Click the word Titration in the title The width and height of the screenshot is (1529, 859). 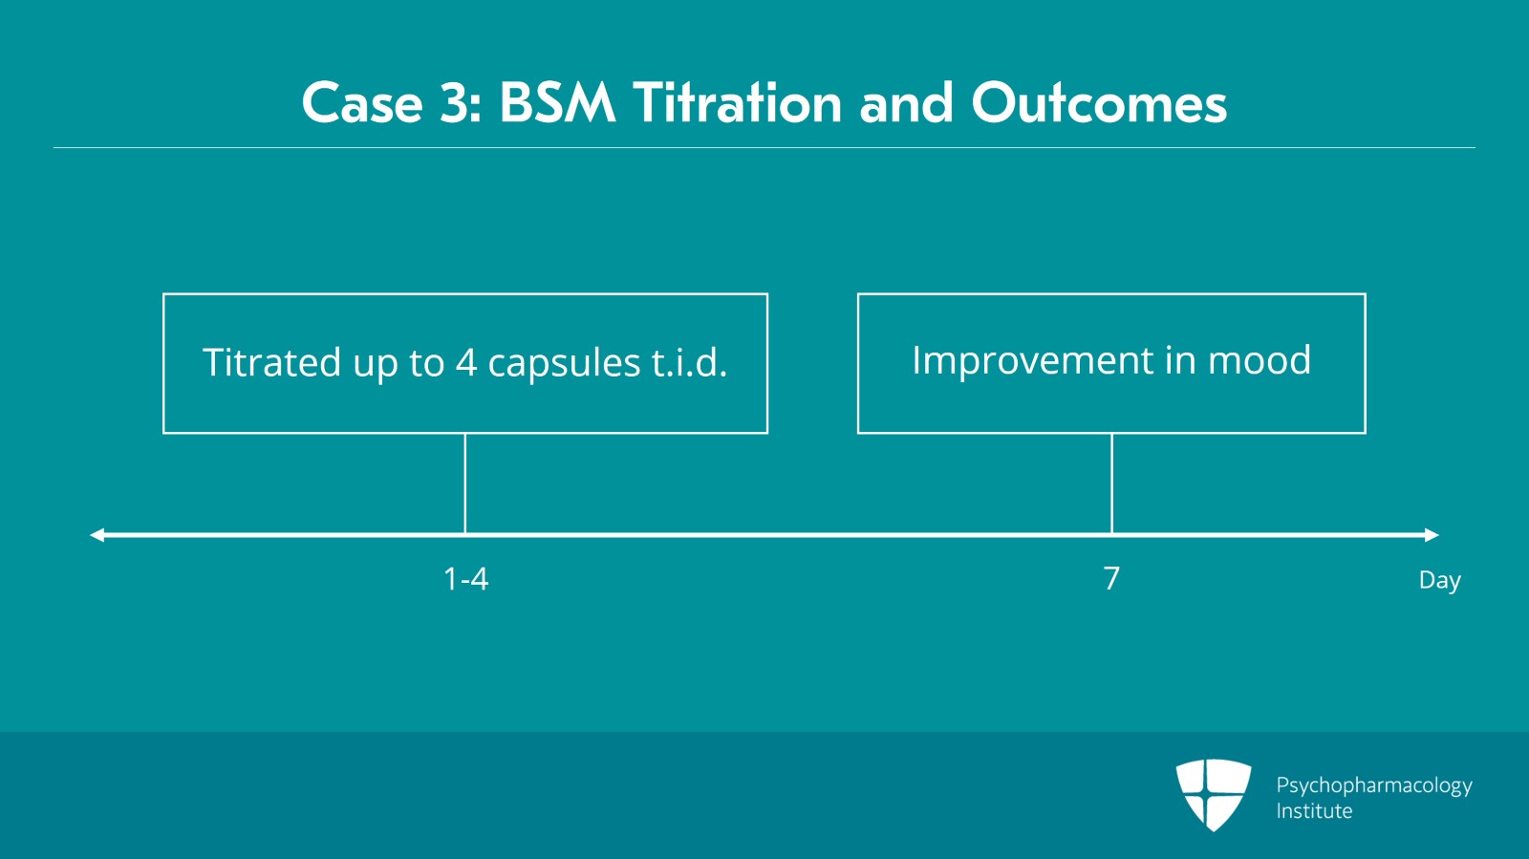point(737,103)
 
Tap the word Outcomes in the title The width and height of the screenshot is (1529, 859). point(1099,103)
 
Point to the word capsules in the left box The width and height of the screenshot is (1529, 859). point(565,363)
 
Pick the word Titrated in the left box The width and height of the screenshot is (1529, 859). point(271,361)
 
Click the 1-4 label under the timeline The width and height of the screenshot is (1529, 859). point(465,579)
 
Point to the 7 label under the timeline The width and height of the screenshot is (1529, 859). point(1111,579)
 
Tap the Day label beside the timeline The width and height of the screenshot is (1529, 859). point(1439,580)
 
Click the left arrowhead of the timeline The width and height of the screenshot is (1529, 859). point(97,535)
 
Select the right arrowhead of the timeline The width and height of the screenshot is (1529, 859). point(1432,535)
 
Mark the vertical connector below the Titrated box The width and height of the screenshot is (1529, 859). point(464,483)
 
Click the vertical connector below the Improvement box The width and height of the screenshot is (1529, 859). point(1111,483)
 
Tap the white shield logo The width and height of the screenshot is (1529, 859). point(1214,795)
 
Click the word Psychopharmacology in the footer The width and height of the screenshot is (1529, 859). point(1374,786)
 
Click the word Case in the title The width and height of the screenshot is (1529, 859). point(362,103)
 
